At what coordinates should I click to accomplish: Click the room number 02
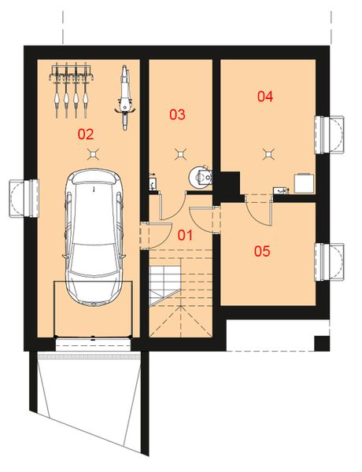87,134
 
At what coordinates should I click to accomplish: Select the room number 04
265,97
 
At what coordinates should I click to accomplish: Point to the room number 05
262,252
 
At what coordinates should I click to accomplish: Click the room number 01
184,235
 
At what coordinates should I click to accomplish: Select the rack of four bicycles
70,88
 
